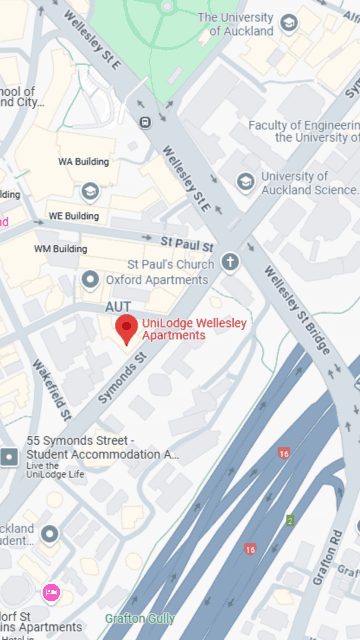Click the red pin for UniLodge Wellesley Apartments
[127, 328]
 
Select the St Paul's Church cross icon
[231, 264]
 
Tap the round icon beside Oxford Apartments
[90, 279]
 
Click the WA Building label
[79, 161]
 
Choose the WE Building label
[74, 216]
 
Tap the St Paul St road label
[187, 243]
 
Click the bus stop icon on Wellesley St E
[146, 122]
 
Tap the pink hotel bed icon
[51, 594]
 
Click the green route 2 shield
[290, 519]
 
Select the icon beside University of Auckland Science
[245, 182]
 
